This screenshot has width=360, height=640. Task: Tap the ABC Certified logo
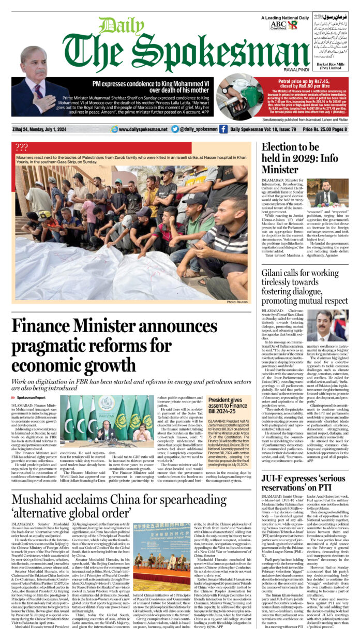[278, 25]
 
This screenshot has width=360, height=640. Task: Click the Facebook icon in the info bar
[223, 129]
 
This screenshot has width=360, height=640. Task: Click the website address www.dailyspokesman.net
[140, 129]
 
